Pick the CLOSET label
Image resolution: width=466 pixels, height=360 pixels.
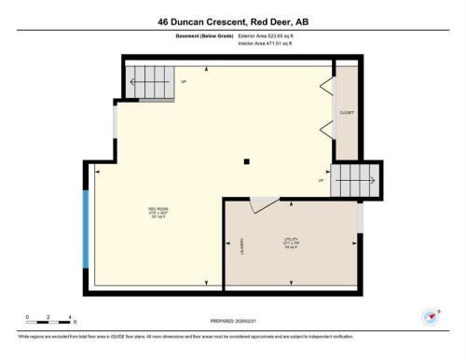pyautogui.click(x=347, y=113)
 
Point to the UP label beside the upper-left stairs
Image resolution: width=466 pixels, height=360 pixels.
pyautogui.click(x=184, y=81)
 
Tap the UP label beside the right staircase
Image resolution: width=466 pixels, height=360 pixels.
pyautogui.click(x=322, y=181)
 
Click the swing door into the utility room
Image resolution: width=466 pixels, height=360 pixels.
pyautogui.click(x=264, y=203)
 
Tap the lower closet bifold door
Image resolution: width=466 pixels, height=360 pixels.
pyautogui.click(x=326, y=131)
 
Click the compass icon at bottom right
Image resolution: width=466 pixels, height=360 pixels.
pyautogui.click(x=431, y=317)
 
